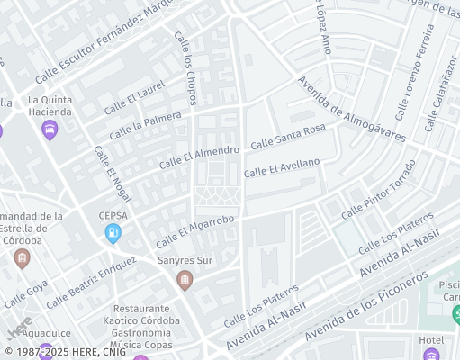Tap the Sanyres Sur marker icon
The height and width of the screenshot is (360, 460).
(185, 281)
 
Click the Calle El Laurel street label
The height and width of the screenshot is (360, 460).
(135, 97)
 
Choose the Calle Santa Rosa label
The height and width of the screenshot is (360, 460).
(287, 137)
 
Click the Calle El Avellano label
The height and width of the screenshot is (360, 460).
(282, 167)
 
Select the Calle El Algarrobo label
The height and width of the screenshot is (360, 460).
(194, 231)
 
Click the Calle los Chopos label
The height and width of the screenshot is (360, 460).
(185, 67)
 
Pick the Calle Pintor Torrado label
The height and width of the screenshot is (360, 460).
(378, 190)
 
